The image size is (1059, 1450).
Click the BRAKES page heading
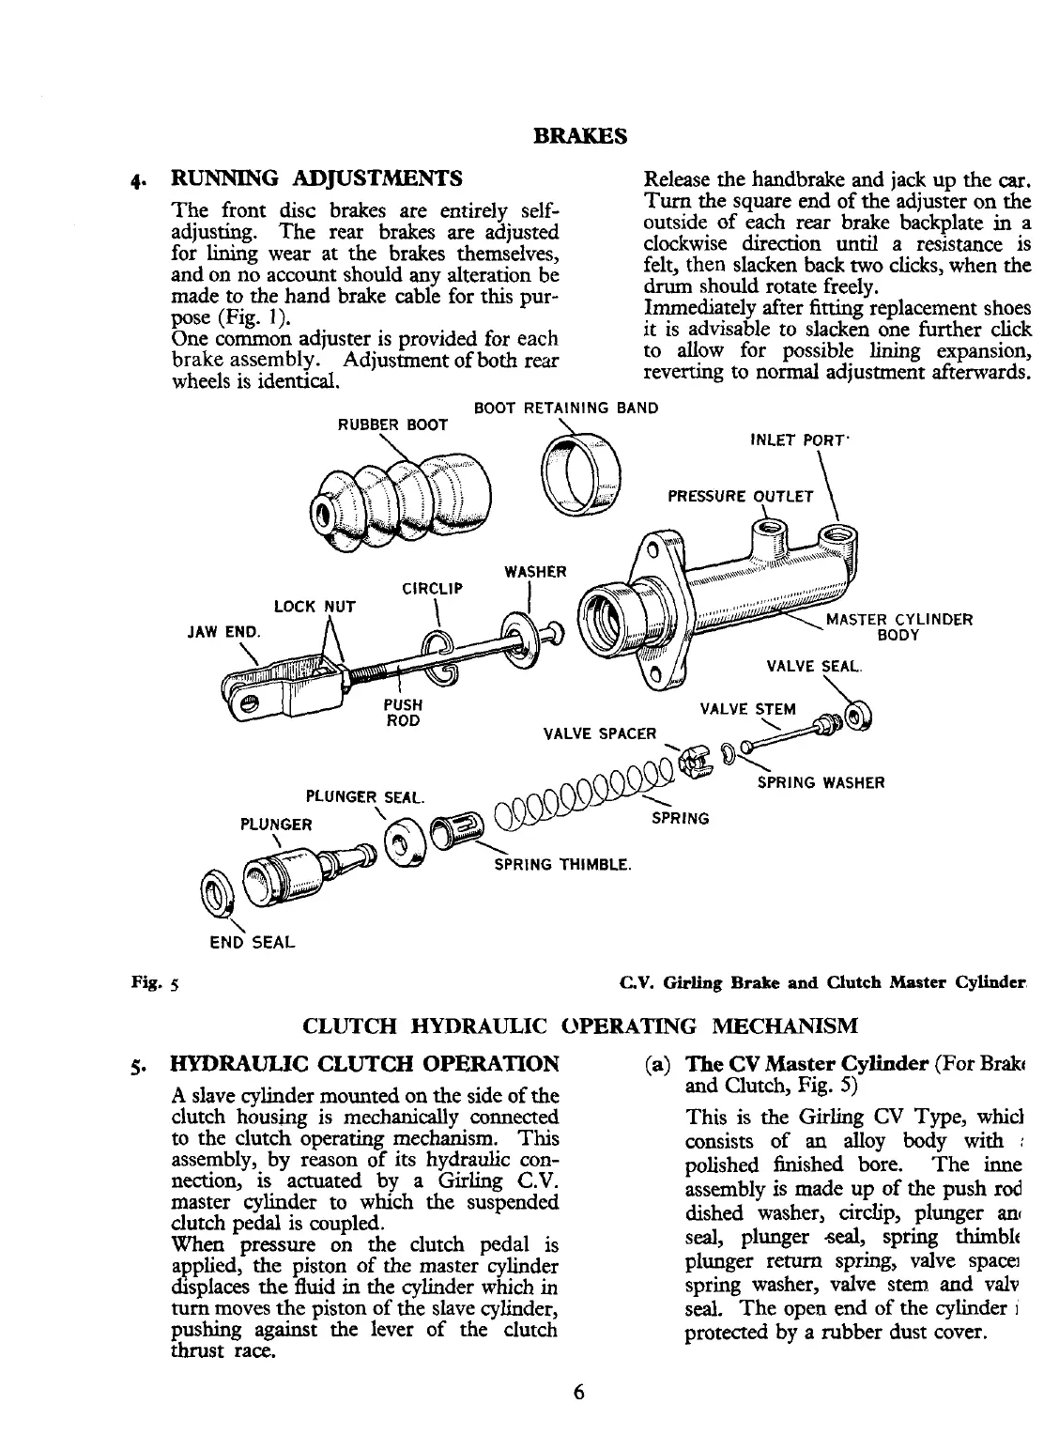[579, 135]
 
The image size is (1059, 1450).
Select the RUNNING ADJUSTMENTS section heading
[315, 178]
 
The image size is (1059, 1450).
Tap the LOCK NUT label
[315, 606]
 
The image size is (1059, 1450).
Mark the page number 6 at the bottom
[579, 1392]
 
